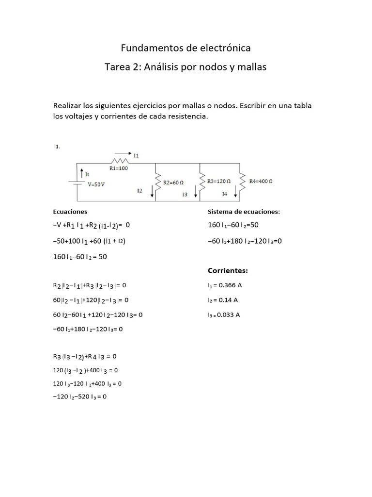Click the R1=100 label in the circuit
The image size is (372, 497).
coord(119,168)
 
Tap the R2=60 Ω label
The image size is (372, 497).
coord(173,182)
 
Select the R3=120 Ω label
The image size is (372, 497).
coord(218,181)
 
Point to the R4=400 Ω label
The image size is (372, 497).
coord(261,181)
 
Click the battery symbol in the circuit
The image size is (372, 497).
coord(77,183)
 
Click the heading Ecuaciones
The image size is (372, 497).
coord(70,212)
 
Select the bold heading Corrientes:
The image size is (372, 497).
coord(228,270)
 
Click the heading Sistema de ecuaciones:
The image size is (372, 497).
coord(244,212)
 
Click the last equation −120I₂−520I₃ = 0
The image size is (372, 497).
coord(79,396)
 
